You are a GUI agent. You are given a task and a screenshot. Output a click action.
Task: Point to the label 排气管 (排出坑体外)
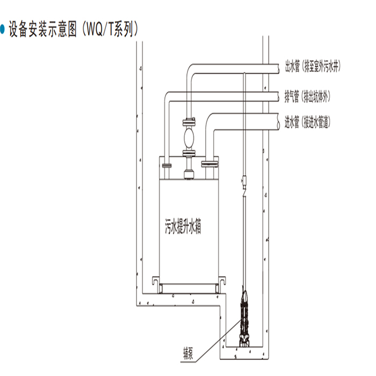coord(307,97)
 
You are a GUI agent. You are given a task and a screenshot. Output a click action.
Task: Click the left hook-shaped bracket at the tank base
coord(155,280)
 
